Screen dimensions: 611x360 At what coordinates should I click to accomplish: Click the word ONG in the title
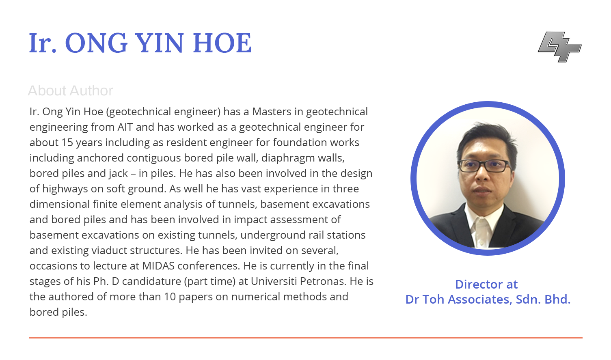[x=96, y=43]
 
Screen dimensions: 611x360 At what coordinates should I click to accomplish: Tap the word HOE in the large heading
[x=222, y=43]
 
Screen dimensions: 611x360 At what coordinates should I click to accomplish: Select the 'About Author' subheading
[x=70, y=91]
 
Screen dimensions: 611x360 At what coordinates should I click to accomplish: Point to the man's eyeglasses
[x=484, y=166]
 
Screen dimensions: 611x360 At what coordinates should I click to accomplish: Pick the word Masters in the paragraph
[x=272, y=112]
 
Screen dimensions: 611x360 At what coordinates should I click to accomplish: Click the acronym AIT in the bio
[x=125, y=127]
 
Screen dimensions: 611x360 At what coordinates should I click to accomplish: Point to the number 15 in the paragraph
[x=67, y=142]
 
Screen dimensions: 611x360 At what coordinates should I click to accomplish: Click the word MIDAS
[x=158, y=266]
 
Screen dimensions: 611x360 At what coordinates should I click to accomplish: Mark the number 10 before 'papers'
[x=170, y=297]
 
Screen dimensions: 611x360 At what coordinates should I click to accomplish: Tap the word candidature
[x=151, y=281]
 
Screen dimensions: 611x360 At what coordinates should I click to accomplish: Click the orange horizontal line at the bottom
[x=306, y=338]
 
